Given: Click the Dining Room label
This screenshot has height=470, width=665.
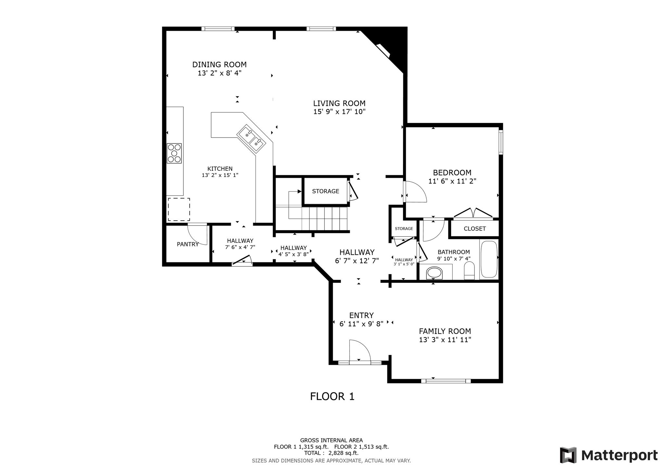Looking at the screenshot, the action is [x=219, y=64].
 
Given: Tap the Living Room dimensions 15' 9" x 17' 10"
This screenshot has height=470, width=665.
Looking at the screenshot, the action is [x=339, y=112].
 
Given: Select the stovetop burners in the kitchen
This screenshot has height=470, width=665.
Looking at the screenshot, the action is [x=174, y=153].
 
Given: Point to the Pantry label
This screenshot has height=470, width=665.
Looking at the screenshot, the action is [x=188, y=244].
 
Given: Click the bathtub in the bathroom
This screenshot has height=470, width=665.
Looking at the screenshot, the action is [x=489, y=259].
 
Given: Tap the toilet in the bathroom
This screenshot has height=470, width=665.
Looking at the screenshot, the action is [x=470, y=270].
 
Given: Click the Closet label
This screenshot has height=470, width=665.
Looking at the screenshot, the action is [x=475, y=229].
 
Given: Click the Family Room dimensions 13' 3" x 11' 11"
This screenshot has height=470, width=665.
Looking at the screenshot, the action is [x=445, y=340].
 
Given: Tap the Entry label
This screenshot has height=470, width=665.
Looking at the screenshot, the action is [x=361, y=315].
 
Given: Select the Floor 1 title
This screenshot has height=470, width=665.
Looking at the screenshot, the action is [x=332, y=396].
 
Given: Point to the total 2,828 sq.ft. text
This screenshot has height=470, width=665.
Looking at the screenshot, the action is [x=331, y=453].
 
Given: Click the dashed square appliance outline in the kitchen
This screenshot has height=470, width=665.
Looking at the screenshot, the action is [x=179, y=209].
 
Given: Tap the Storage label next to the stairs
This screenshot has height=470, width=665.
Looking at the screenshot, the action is [x=326, y=191].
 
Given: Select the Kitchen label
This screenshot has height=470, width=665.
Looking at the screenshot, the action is [x=220, y=169].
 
